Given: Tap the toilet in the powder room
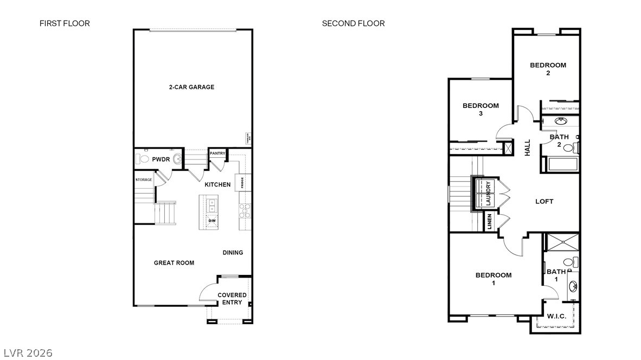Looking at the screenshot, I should tap(143, 159).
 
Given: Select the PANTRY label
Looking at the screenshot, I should tap(217, 153).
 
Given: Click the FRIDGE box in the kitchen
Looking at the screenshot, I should tap(242, 182).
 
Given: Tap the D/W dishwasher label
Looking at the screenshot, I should tap(211, 221).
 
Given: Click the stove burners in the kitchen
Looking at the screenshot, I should tap(245, 210).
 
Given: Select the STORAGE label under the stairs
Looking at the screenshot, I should tap(144, 179).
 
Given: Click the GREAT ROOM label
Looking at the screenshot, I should tap(174, 263).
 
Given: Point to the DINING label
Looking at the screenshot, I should tap(233, 253).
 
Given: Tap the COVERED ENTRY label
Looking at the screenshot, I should tap(232, 299).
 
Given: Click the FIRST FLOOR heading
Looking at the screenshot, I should tap(65, 23).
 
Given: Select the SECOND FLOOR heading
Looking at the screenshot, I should tap(353, 23).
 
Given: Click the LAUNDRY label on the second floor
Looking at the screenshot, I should tap(488, 192).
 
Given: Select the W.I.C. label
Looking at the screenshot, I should tap(556, 316).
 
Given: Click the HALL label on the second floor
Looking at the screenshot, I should tap(528, 147).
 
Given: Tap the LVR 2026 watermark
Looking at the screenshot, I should tap(27, 353).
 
